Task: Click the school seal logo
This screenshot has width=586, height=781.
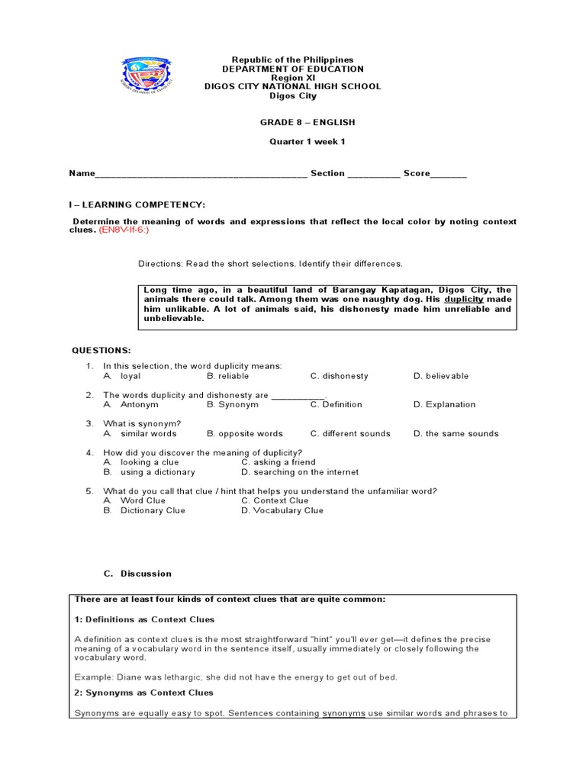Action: tap(148, 82)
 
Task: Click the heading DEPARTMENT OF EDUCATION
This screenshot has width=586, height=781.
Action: tap(293, 69)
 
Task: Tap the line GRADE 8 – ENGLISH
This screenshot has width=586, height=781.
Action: tap(293, 122)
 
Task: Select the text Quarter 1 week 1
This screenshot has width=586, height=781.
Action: tap(293, 142)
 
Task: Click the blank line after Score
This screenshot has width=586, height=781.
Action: tap(448, 175)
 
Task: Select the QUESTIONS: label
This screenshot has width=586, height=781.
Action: tap(101, 350)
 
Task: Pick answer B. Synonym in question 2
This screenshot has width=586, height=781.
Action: tap(233, 405)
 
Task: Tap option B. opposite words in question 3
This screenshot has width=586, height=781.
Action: tap(244, 434)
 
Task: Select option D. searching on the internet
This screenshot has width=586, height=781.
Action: tap(300, 472)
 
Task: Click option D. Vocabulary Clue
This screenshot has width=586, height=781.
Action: tap(282, 511)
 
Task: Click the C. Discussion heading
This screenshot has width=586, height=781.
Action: tap(137, 574)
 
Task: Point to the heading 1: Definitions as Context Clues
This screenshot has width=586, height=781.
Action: tap(144, 619)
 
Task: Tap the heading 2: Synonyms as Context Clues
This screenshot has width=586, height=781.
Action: tap(143, 693)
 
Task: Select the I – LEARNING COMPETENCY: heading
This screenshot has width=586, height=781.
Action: tap(138, 205)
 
